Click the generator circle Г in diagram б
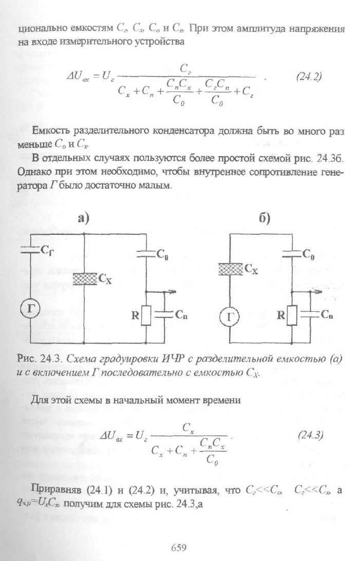pos(229,317)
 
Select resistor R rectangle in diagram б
pos(292,315)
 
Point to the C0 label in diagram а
pos(162,255)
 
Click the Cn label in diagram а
pos(181,315)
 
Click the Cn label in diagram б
pos(327,314)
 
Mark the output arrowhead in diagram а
pos(174,292)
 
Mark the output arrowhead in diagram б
pos(320,292)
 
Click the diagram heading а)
pos(83,218)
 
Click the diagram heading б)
pos(264,218)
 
